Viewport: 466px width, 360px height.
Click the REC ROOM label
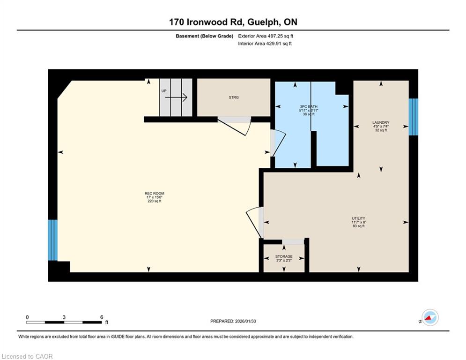click(155, 194)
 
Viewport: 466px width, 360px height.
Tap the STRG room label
click(234, 97)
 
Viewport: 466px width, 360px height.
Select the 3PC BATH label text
click(309, 106)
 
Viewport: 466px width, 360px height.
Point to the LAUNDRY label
click(381, 123)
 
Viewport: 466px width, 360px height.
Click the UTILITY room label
click(358, 218)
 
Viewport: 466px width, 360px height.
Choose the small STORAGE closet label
click(284, 256)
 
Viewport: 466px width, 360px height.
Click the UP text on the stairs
click(164, 91)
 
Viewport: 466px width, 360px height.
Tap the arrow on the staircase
click(176, 97)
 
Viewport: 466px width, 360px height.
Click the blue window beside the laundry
click(414, 117)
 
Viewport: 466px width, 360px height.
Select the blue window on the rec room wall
click(53, 240)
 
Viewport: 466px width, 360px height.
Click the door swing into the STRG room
click(235, 127)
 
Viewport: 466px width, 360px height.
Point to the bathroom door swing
click(278, 143)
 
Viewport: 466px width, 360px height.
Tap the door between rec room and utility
click(255, 222)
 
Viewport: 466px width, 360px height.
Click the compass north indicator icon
click(430, 317)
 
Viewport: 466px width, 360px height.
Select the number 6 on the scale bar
click(102, 317)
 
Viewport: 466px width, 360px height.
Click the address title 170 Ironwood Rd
click(206, 22)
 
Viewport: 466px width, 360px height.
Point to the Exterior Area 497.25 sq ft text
click(266, 36)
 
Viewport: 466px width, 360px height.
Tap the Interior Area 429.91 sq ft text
click(265, 44)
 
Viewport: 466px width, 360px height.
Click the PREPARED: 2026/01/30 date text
click(233, 321)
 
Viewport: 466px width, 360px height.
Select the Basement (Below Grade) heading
click(205, 36)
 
